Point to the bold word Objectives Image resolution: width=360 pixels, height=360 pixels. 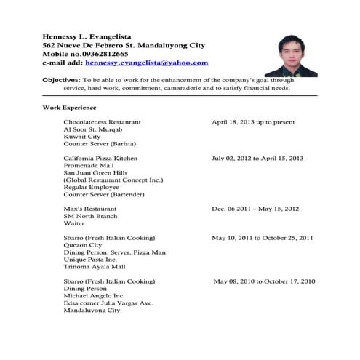point(61,79)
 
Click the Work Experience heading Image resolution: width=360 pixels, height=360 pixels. point(70,107)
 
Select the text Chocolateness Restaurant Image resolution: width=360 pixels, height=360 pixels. point(102,121)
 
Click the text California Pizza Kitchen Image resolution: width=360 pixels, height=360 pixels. point(100,158)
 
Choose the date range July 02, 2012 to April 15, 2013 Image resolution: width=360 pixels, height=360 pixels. point(257,158)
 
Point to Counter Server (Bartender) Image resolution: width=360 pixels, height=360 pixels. point(104,195)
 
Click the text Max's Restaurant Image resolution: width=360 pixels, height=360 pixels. point(89,209)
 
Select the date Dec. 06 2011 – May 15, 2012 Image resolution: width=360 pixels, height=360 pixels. point(255,209)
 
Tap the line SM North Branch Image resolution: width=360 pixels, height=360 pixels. point(91,216)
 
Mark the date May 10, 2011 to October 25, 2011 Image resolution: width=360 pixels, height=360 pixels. point(263,238)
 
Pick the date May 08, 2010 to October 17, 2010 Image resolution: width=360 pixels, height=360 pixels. point(264,281)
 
